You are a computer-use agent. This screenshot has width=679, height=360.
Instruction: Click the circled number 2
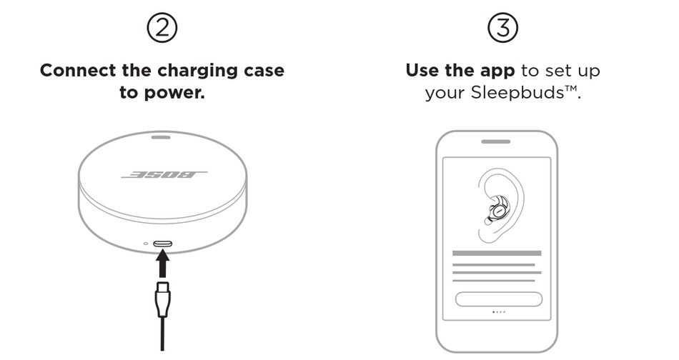point(162,28)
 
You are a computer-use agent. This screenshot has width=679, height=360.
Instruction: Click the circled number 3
point(502,28)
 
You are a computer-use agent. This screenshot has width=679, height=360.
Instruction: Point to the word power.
point(176,92)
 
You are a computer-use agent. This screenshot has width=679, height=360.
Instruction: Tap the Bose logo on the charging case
point(164,174)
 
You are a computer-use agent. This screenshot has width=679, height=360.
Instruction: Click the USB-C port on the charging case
point(162,244)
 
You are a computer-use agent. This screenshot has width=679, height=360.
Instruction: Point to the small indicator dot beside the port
point(146,244)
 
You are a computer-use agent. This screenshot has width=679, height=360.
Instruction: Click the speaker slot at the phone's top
point(496,141)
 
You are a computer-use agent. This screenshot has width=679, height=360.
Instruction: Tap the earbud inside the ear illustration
point(497,210)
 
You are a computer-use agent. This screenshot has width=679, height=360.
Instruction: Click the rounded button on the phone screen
point(498,299)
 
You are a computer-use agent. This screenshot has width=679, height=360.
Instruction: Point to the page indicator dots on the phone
point(498,312)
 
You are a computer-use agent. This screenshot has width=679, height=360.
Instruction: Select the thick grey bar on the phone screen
point(497,253)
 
